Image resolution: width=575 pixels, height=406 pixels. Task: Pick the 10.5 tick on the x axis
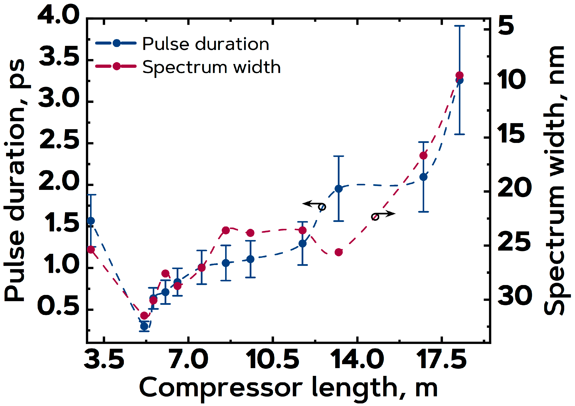coord(273,360)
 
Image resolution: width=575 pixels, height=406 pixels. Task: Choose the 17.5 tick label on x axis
coord(441,360)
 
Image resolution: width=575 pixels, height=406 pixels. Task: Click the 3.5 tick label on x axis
coord(104,360)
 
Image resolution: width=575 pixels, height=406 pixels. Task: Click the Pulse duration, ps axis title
coord(15,180)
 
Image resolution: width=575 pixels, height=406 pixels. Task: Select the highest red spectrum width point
coord(460,75)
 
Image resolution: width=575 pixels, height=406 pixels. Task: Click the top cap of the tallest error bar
coord(460,26)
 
